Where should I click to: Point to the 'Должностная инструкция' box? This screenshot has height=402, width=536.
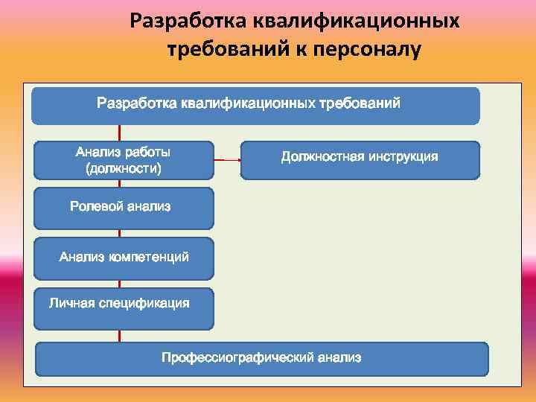[360, 159]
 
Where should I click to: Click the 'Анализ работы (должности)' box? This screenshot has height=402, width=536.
[124, 159]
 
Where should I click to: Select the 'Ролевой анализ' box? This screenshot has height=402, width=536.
[124, 207]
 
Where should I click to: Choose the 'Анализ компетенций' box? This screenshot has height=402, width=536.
[124, 258]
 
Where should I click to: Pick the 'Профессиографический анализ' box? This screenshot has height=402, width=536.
[262, 359]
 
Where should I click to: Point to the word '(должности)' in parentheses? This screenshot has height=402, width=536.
[124, 169]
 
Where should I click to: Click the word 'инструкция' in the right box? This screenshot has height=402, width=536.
[403, 157]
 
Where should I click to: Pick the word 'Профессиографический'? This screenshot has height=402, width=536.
[237, 358]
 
